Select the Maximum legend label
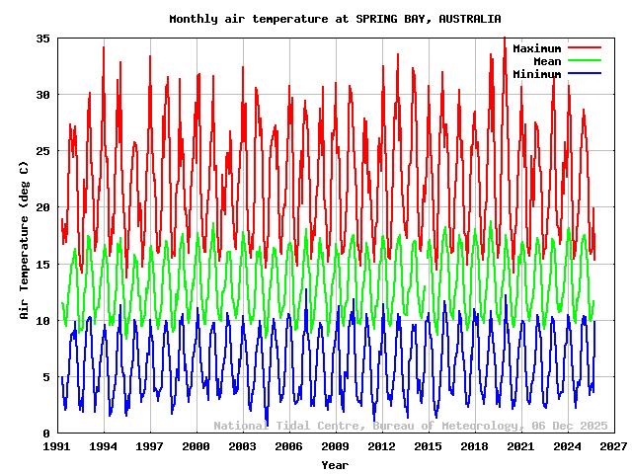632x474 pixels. (x=536, y=48)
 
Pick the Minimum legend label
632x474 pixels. (x=536, y=74)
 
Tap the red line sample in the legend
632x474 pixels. (x=584, y=48)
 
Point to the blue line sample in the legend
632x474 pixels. (x=584, y=74)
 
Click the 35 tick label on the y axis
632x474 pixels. (x=42, y=38)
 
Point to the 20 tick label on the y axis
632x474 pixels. (x=42, y=207)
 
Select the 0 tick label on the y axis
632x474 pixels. (x=46, y=434)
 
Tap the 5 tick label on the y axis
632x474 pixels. (x=46, y=377)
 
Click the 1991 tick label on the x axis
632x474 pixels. (x=57, y=447)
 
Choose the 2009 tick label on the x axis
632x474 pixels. (x=336, y=447)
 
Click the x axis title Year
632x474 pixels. (x=335, y=464)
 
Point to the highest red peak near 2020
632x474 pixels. (x=504, y=39)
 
